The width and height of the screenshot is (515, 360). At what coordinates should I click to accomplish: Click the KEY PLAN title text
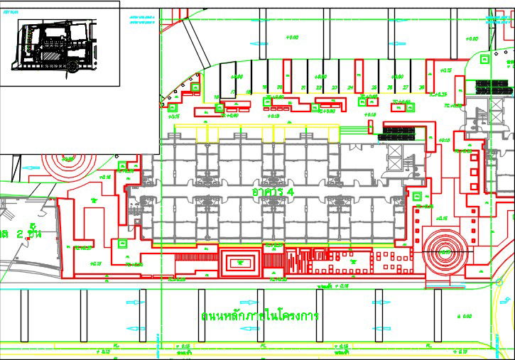pos(11,12)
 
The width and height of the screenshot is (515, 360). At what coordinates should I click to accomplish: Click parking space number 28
pos(423,87)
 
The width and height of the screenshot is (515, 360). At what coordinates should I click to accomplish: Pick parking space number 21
pos(303,87)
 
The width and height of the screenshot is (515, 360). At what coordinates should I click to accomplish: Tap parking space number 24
pos(350,87)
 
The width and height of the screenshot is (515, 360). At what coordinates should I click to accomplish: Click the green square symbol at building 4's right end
pos(418,196)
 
